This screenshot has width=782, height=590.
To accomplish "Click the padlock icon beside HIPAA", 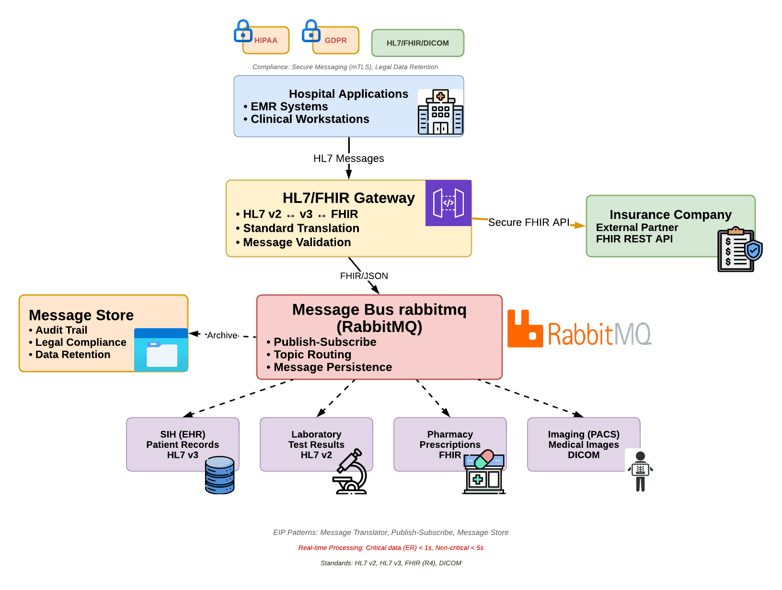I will coord(243,31).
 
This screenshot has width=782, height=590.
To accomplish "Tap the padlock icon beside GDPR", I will coord(311,31).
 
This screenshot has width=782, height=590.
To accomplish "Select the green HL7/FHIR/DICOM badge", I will coord(418,43).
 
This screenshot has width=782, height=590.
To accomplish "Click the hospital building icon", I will coord(440,112).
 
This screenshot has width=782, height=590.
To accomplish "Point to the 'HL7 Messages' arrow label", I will coord(348,159).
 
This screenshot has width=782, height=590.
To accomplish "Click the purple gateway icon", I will coord(448,203).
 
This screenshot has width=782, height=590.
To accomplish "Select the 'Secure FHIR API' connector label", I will coord(529,222).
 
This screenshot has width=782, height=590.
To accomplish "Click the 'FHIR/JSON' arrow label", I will coord(364,276).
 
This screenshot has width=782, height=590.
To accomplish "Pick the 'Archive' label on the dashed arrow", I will coord(222,335).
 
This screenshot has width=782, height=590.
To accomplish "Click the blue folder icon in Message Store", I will coord(161,350).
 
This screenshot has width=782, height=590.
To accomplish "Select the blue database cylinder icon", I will coord(219,475).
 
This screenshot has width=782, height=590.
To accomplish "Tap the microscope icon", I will coord(351,472).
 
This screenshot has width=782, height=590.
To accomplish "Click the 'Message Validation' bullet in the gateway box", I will coord(297,242).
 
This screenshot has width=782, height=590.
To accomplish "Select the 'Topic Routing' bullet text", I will coord(312,354).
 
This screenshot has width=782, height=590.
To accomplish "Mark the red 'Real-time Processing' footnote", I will coord(391,548).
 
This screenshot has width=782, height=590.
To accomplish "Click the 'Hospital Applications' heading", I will coord(348,94).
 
